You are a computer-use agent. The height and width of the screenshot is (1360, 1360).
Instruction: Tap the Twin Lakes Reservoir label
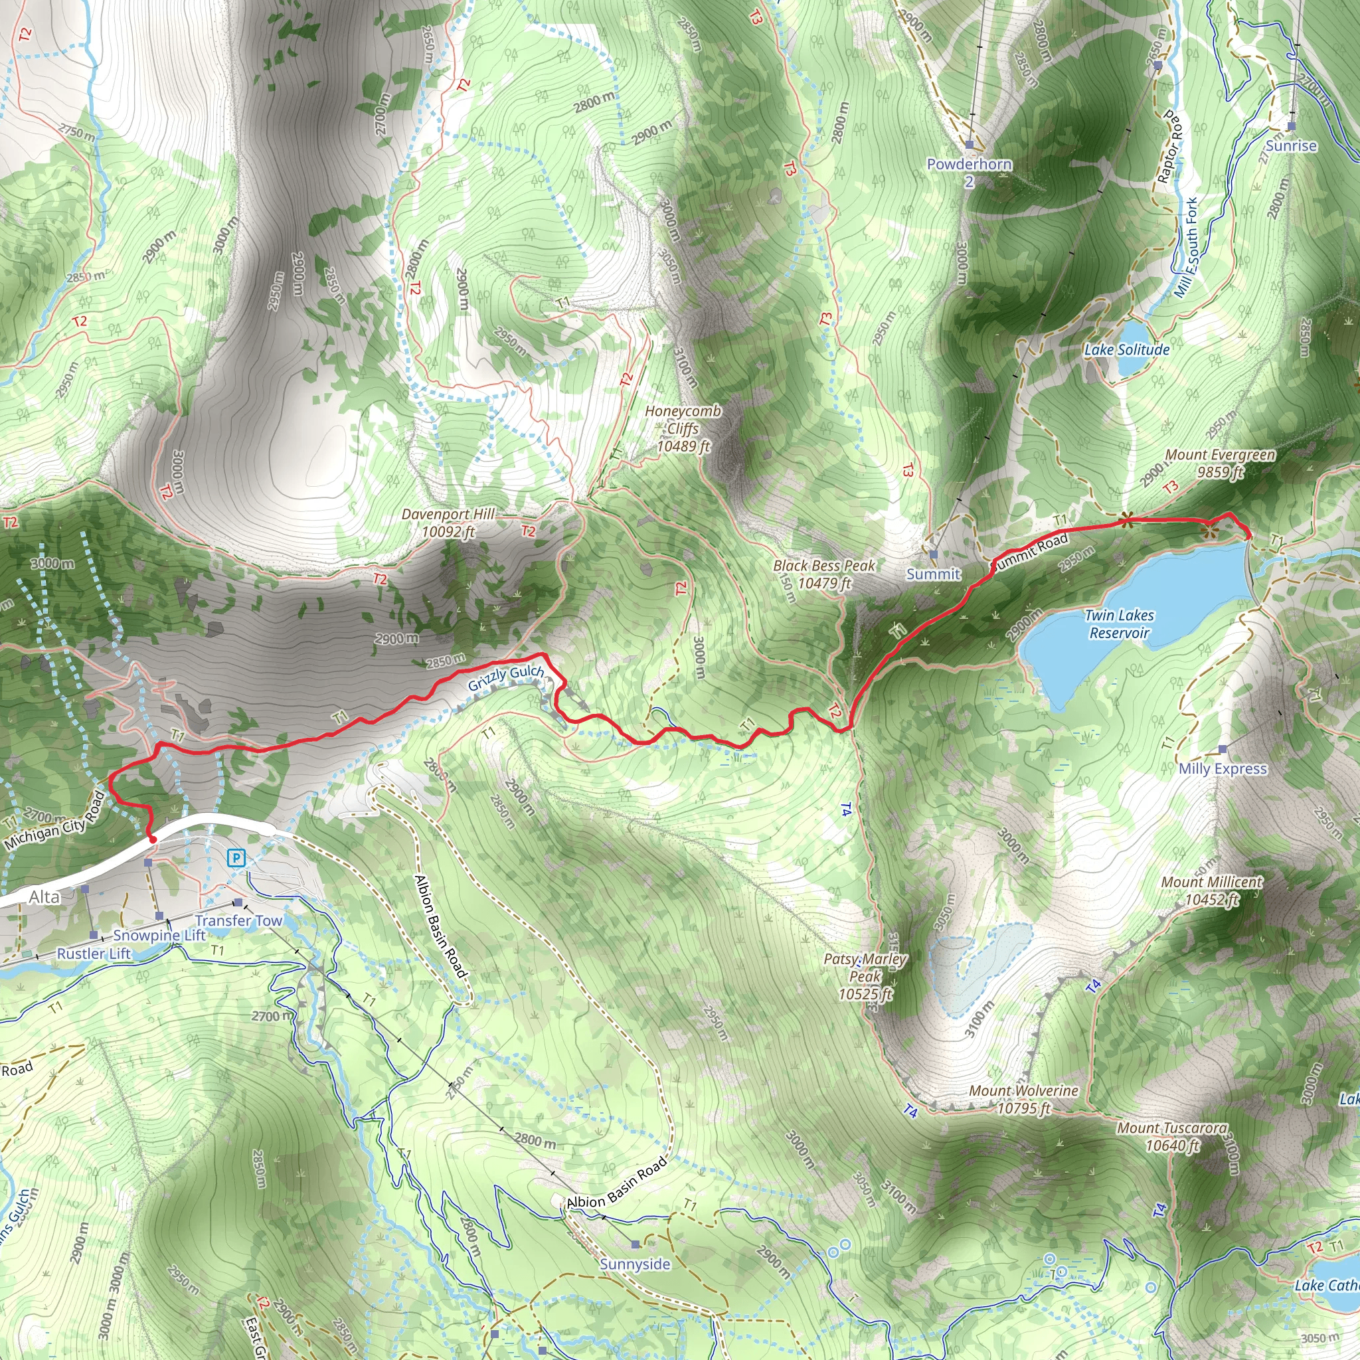1119,624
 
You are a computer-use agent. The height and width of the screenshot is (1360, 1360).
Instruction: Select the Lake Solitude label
1126,349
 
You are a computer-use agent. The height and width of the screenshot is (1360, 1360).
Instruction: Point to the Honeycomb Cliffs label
683,428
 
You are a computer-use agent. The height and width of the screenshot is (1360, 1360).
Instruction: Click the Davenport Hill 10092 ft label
448,523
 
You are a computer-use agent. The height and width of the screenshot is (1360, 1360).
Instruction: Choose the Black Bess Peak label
823,574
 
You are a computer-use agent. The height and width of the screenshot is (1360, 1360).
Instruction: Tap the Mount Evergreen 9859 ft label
1219,464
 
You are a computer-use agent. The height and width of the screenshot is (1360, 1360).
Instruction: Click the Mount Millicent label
1211,890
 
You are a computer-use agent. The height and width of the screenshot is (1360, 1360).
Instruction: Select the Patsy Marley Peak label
865,976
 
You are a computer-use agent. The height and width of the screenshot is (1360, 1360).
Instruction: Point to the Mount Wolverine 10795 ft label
1023,1099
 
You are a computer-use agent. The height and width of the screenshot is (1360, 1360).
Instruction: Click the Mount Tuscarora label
1172,1137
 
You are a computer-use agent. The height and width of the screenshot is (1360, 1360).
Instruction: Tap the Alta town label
44,896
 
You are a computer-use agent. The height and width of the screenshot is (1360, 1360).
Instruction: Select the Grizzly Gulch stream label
505,677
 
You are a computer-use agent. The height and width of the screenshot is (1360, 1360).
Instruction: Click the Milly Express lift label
1223,769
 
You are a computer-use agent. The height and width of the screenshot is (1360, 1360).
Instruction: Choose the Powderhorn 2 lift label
970,173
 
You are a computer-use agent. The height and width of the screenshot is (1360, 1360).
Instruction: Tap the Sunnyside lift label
635,1264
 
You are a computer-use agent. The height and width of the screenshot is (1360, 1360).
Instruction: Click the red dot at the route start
153,839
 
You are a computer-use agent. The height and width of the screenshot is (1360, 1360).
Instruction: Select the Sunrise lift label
1291,145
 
